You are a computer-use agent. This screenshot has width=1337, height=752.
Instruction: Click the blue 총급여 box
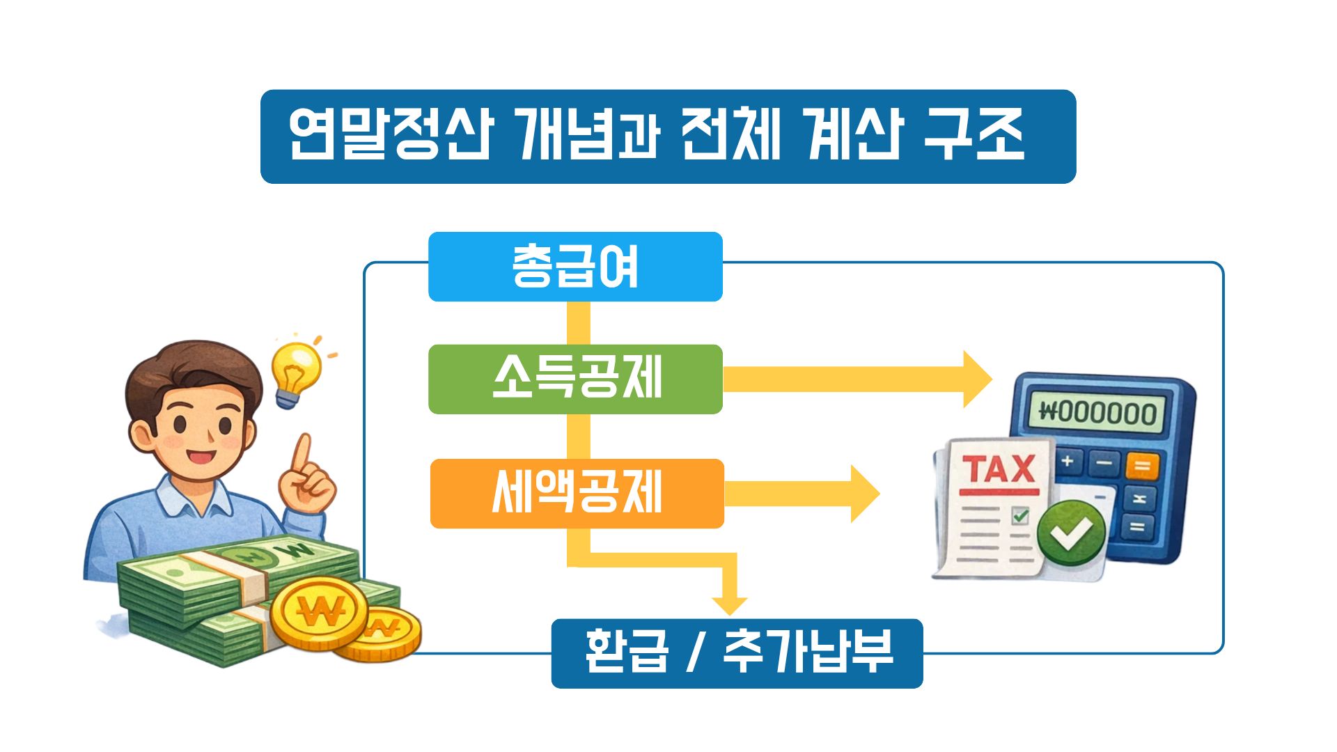click(575, 267)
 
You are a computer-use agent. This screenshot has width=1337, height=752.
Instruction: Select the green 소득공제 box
click(575, 379)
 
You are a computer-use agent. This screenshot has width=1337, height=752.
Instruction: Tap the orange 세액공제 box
click(577, 494)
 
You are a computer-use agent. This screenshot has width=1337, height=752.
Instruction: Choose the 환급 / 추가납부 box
click(737, 653)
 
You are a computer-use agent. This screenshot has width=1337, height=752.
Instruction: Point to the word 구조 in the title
click(974, 136)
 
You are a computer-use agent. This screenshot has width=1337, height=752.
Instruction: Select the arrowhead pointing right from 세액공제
click(866, 494)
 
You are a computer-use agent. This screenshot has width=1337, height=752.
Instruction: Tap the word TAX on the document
click(998, 469)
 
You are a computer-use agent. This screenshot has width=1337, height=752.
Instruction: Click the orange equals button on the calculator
click(1142, 465)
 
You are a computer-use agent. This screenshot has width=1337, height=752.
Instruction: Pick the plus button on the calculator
click(1067, 461)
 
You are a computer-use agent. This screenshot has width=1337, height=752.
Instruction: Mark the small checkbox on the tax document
click(1020, 516)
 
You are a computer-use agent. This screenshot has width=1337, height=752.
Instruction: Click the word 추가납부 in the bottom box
click(808, 653)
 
